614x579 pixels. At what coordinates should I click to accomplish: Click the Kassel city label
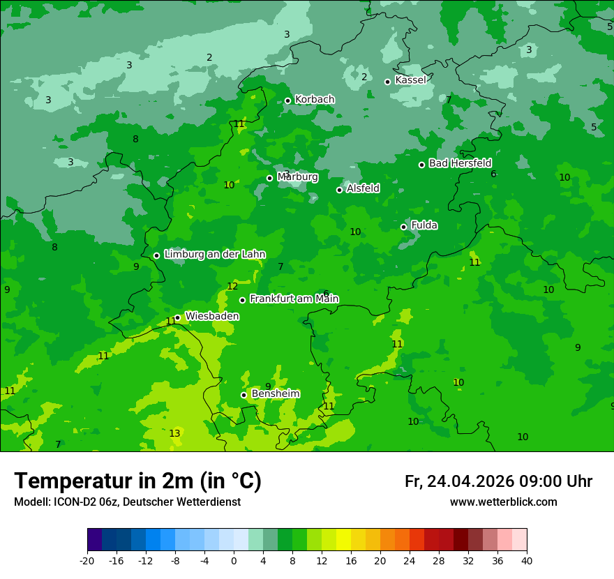click(x=410, y=80)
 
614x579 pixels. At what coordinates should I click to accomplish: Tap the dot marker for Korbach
click(x=287, y=100)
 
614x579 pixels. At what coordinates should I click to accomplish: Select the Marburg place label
click(x=297, y=177)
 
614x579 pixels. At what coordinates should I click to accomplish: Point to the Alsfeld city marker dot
click(x=339, y=190)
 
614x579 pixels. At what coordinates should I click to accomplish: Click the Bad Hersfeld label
click(x=460, y=163)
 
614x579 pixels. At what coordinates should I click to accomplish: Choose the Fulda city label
click(x=424, y=225)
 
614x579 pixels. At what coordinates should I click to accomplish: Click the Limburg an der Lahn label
click(x=214, y=255)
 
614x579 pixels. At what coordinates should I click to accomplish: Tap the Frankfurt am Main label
click(x=294, y=299)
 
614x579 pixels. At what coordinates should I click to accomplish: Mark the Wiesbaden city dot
click(x=178, y=317)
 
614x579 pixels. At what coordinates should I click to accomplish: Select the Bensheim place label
click(x=275, y=394)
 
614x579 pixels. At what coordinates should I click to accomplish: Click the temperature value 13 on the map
click(x=174, y=433)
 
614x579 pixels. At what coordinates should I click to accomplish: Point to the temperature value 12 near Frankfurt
click(x=232, y=287)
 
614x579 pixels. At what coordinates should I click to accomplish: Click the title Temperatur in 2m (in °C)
click(x=137, y=481)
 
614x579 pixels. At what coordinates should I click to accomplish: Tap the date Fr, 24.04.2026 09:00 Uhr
click(x=498, y=481)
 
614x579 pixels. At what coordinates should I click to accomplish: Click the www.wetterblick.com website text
click(x=503, y=502)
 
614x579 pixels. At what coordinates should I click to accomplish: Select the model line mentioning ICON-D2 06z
click(x=127, y=502)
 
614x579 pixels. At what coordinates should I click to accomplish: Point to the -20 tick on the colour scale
click(x=87, y=560)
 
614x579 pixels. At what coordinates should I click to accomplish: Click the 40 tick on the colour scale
click(x=527, y=560)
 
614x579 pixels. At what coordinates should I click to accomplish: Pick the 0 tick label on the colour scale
click(x=234, y=560)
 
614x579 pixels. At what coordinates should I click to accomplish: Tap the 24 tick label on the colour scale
click(x=410, y=560)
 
